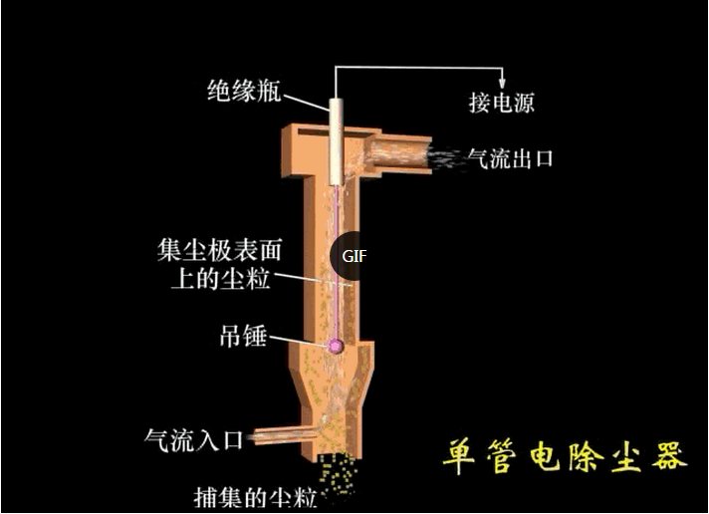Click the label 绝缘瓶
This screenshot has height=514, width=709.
tap(244, 91)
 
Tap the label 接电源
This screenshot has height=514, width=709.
tap(502, 103)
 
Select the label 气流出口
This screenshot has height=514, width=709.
tap(511, 158)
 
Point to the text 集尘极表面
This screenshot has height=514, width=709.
tap(220, 250)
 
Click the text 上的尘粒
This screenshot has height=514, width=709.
tap(221, 278)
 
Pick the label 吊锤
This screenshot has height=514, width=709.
tap(243, 336)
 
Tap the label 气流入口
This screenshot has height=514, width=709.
tap(194, 440)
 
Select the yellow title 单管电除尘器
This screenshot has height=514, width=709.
tap(565, 455)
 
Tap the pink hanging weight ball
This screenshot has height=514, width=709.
tap(335, 346)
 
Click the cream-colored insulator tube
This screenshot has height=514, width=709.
tap(336, 141)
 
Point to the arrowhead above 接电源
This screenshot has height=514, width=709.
tap(502, 83)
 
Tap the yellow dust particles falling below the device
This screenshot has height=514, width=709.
tap(340, 475)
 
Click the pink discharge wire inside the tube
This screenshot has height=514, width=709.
tap(338, 262)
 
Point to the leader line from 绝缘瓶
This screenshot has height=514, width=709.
tap(306, 103)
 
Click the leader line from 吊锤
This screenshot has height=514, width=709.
tap(298, 341)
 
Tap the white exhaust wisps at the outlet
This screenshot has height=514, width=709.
tap(448, 158)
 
